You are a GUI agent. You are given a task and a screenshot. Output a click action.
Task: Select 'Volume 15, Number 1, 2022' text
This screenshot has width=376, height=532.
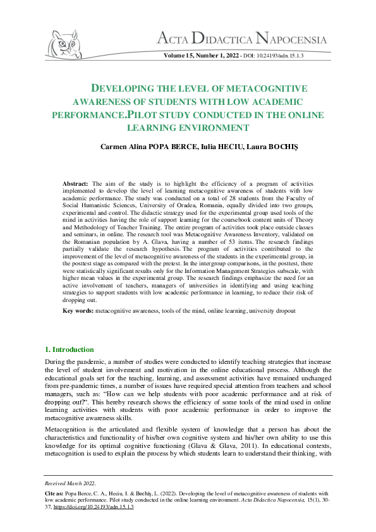pos(201,56)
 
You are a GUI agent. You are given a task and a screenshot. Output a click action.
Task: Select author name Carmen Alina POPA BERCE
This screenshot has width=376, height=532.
pos(150,147)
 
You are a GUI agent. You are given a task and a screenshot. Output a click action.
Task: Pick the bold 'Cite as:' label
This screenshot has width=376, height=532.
pos(53,490)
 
